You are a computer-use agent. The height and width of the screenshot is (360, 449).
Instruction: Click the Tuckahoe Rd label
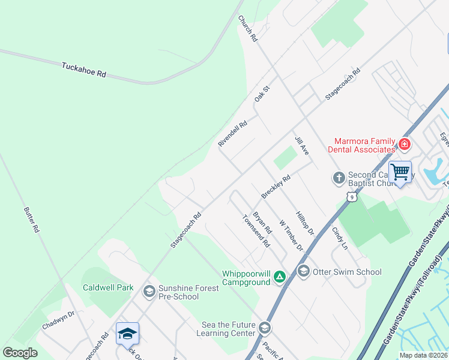(x=83, y=70)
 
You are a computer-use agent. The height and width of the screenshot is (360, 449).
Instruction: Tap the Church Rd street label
(x=247, y=28)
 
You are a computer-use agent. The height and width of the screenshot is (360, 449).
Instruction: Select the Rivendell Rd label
(x=232, y=135)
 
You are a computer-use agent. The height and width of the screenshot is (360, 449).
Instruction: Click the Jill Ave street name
(x=301, y=146)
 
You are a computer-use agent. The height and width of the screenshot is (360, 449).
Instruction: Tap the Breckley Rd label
(x=276, y=187)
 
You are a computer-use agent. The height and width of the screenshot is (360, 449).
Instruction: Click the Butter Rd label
(x=31, y=220)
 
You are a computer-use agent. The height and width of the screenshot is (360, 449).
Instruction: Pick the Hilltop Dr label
(x=305, y=223)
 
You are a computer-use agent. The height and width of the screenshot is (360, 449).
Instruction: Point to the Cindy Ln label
(x=340, y=238)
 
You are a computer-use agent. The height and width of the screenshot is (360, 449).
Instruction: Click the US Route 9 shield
(x=351, y=196)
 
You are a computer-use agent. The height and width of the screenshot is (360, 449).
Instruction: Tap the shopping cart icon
(x=400, y=172)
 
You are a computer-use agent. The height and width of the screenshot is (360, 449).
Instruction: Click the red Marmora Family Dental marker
(x=405, y=144)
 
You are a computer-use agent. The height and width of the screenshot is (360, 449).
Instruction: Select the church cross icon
(x=339, y=178)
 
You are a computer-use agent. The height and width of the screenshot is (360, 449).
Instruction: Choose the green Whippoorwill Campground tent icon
(x=279, y=277)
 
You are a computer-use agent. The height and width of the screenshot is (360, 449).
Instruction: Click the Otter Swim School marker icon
(x=303, y=272)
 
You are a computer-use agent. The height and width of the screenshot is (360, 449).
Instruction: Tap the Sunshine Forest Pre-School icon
(x=149, y=292)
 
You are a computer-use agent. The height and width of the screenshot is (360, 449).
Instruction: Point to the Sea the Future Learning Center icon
(x=265, y=328)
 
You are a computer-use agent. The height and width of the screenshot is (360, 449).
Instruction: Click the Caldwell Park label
(x=108, y=287)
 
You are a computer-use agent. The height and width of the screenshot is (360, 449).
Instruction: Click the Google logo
(x=20, y=352)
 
